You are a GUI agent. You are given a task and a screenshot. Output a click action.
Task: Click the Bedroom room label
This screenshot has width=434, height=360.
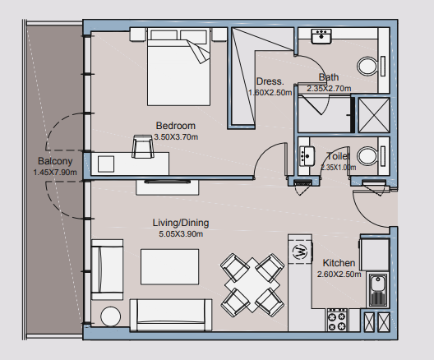tap(176, 126)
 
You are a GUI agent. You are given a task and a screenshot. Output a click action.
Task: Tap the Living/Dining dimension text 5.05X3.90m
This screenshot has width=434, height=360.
tap(181, 234)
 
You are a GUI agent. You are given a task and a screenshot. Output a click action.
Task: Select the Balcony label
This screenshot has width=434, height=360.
tap(55, 161)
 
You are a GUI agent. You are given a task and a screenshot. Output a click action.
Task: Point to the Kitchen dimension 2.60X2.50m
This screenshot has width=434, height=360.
tap(339, 275)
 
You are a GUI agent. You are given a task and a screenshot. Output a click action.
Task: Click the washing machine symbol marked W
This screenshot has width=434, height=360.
tap(300, 252)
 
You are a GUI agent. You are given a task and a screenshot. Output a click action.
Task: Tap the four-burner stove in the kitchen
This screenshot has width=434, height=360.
tap(337, 320)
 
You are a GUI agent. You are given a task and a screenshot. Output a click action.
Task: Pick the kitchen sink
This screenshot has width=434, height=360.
tap(376, 289)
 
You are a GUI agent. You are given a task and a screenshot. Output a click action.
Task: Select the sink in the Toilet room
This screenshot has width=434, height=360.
tap(307, 156)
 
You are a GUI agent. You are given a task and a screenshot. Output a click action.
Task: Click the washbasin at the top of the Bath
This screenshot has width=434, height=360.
tap(321, 36)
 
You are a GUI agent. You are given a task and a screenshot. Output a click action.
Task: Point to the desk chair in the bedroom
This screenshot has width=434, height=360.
tap(143, 146)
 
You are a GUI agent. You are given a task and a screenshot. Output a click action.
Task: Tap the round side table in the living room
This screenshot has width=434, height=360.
tap(110, 316)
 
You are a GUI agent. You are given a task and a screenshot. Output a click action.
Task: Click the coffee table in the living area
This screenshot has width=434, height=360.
tap(169, 267)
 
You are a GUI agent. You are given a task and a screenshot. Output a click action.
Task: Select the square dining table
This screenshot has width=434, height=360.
tap(252, 285)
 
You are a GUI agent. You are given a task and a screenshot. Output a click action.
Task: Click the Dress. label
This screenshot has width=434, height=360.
tap(270, 81)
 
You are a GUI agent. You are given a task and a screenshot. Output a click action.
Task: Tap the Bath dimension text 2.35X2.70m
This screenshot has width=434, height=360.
tap(329, 89)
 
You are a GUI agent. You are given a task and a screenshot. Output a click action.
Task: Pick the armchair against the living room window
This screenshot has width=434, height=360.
tap(107, 270)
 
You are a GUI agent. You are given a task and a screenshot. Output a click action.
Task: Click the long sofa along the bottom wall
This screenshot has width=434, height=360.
tap(171, 315)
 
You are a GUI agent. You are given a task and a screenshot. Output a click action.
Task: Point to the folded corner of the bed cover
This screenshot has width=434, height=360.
tap(198, 52)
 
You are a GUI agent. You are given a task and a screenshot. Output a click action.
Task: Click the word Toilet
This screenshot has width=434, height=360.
tap(338, 156)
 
